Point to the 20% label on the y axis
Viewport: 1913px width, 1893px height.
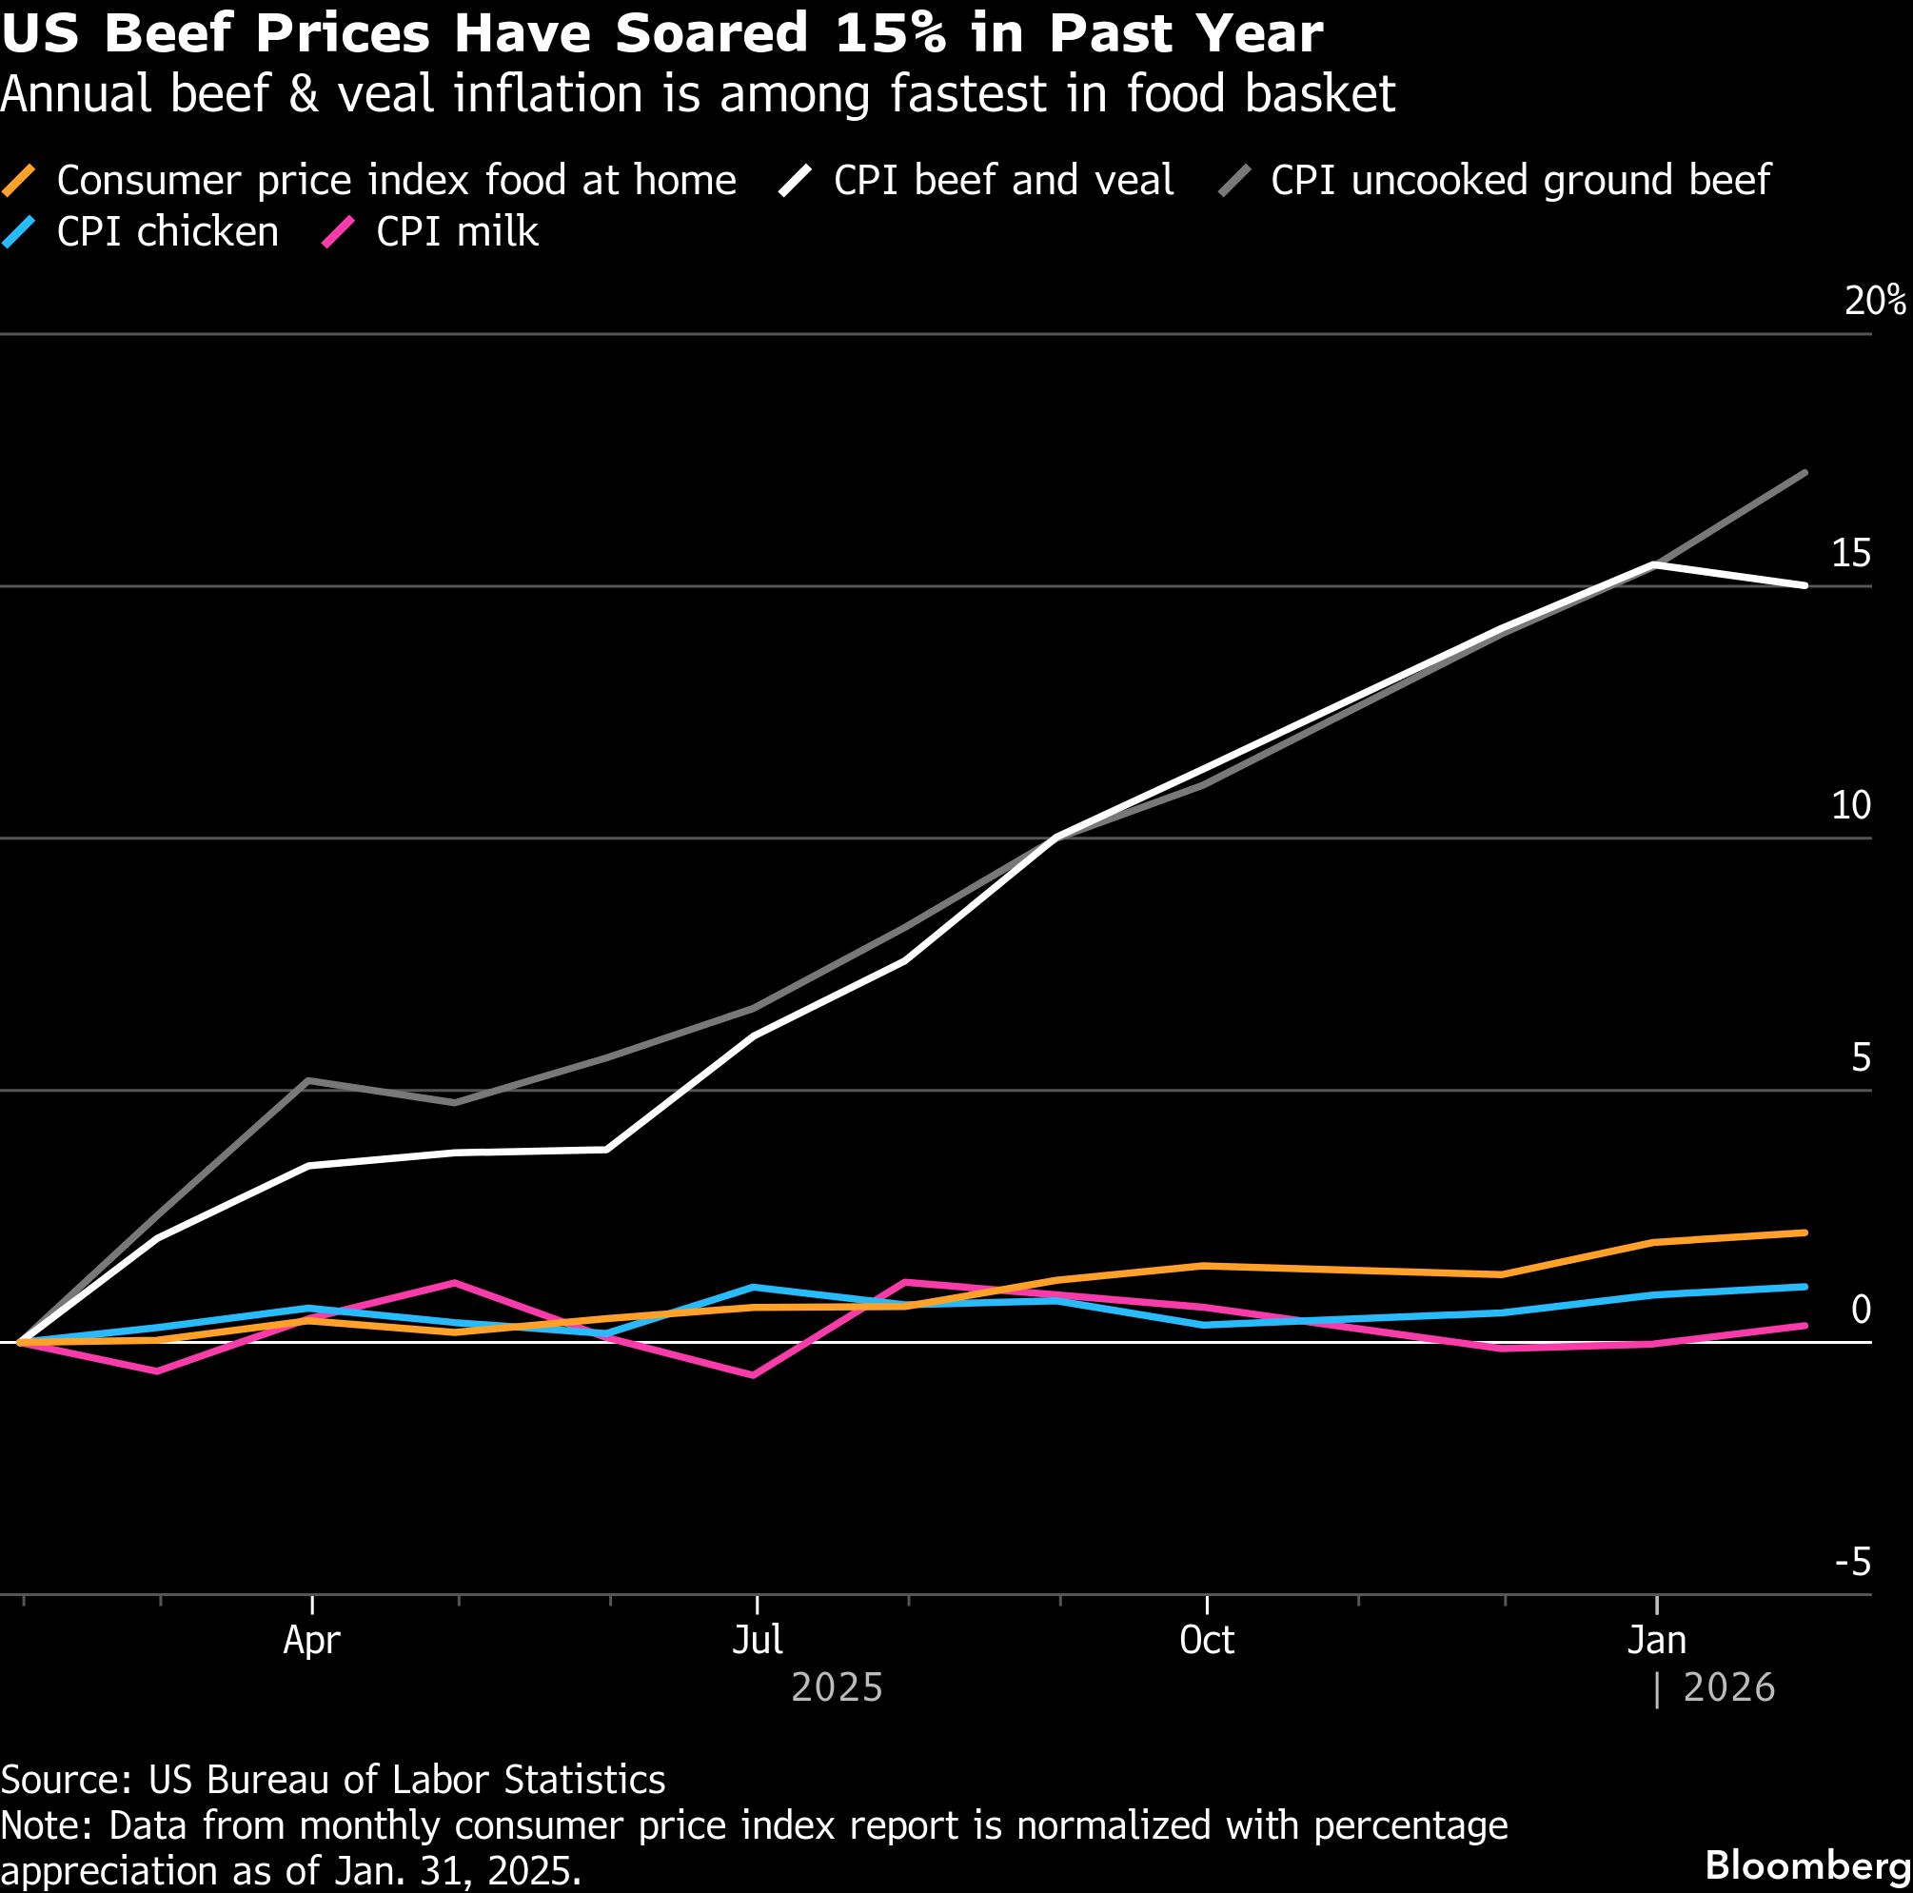click(x=1874, y=300)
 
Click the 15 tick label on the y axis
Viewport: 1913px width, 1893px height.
click(x=1850, y=554)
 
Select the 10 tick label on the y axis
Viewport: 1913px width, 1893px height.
click(x=1850, y=806)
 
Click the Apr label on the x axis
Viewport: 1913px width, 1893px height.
click(x=311, y=1641)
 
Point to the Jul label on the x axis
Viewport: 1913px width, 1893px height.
click(x=758, y=1641)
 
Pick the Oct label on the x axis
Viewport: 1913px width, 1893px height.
click(x=1206, y=1641)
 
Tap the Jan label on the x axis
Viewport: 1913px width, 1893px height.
click(x=1657, y=1641)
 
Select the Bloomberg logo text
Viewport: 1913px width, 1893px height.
click(x=1808, y=1865)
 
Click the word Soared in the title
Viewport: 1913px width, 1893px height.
click(x=711, y=33)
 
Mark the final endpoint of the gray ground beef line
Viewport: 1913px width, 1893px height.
click(x=1806, y=473)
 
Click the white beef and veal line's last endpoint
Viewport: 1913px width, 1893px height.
click(x=1806, y=585)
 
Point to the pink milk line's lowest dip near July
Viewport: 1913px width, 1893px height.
click(x=755, y=1375)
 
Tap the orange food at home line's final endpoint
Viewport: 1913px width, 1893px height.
click(x=1806, y=1232)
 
